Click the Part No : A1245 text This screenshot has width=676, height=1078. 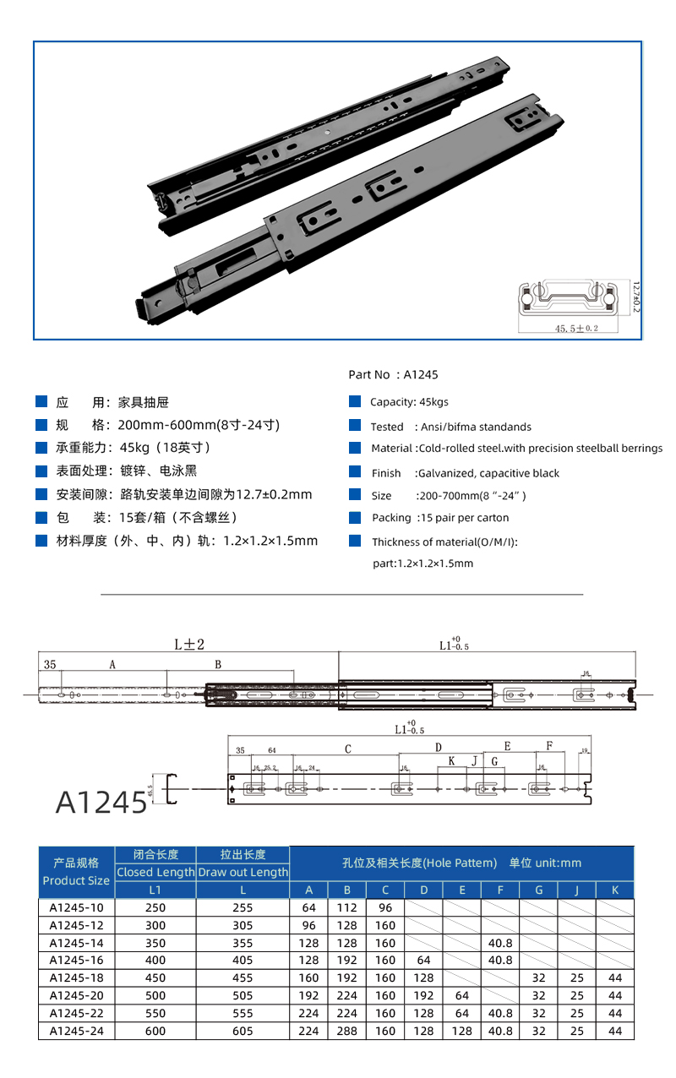[x=393, y=374]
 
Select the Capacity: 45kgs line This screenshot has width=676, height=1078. [x=409, y=402]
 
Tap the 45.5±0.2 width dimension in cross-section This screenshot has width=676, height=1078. [x=575, y=328]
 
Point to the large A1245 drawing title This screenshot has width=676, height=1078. [x=101, y=802]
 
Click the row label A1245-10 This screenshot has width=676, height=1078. [x=76, y=907]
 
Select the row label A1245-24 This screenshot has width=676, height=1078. [x=76, y=1031]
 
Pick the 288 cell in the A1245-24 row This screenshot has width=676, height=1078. [x=346, y=1031]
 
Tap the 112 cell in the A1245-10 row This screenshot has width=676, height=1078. [x=346, y=907]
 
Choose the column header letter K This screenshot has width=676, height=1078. [x=614, y=890]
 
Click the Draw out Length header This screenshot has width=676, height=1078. [x=243, y=872]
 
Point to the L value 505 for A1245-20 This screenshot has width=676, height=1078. [x=243, y=995]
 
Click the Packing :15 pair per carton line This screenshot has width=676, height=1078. [x=440, y=518]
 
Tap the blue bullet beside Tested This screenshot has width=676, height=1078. [x=354, y=426]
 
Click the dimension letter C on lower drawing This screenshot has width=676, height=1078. [x=348, y=748]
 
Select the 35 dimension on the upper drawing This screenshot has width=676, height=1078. [x=50, y=665]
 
